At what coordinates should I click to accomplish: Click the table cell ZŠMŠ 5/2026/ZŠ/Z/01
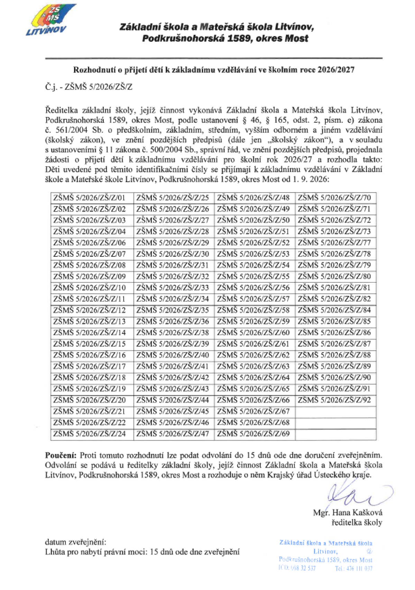tap(89, 198)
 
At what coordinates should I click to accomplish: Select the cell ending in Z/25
tap(173, 198)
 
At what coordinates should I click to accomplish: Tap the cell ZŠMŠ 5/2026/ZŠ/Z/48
tap(253, 198)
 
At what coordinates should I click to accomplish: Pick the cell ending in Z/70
tap(334, 198)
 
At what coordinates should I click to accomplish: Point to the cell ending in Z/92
tap(334, 400)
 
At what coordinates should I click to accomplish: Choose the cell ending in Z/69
tap(253, 434)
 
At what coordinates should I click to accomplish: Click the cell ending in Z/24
tap(89, 434)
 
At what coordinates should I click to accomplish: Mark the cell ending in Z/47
tap(173, 434)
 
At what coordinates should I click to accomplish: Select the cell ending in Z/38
tap(173, 333)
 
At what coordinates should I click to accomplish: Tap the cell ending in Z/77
tap(334, 243)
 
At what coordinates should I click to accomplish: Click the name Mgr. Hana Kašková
tap(348, 513)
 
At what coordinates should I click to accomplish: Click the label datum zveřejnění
tap(76, 542)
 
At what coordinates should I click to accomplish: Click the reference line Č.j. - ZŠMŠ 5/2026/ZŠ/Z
tap(89, 87)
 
